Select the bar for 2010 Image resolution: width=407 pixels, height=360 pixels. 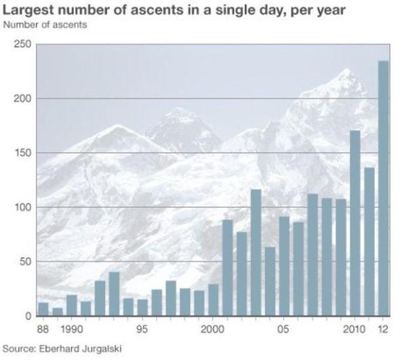355,223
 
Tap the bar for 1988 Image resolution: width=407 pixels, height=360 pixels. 43,309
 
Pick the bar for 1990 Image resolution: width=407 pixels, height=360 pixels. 72,306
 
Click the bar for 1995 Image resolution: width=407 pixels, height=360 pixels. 142,308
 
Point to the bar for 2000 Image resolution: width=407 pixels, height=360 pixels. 213,300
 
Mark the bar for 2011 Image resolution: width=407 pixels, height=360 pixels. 369,241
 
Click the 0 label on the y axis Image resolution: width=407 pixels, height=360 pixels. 28,316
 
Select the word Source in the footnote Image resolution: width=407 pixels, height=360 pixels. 18,348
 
